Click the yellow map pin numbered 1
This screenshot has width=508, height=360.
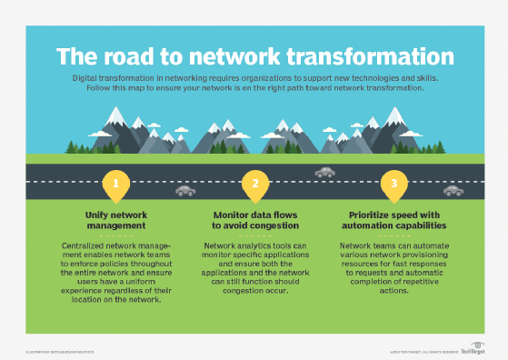tap(115, 184)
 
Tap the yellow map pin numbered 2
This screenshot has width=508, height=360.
tap(255, 184)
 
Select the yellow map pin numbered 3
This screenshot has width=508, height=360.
tap(394, 184)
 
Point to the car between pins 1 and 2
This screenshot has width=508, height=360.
tap(185, 191)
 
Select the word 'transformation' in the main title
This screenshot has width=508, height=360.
tap(374, 55)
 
